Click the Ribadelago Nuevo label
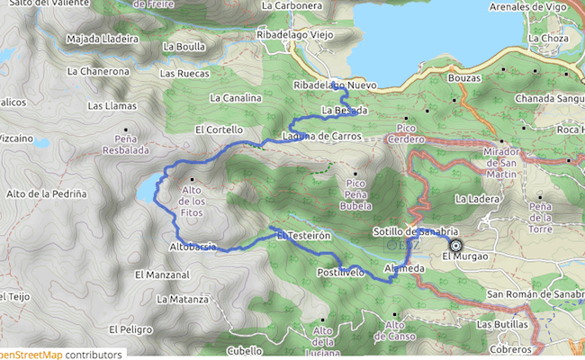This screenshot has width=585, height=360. click(x=335, y=85)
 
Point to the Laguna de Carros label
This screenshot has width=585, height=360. click(x=321, y=137)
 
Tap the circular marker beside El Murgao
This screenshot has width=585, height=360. click(x=455, y=246)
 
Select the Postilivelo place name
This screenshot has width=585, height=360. click(x=341, y=271)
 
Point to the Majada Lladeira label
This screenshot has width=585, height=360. click(x=103, y=40)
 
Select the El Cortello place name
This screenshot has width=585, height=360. click(x=219, y=130)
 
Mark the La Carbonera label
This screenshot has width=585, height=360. click(x=292, y=5)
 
